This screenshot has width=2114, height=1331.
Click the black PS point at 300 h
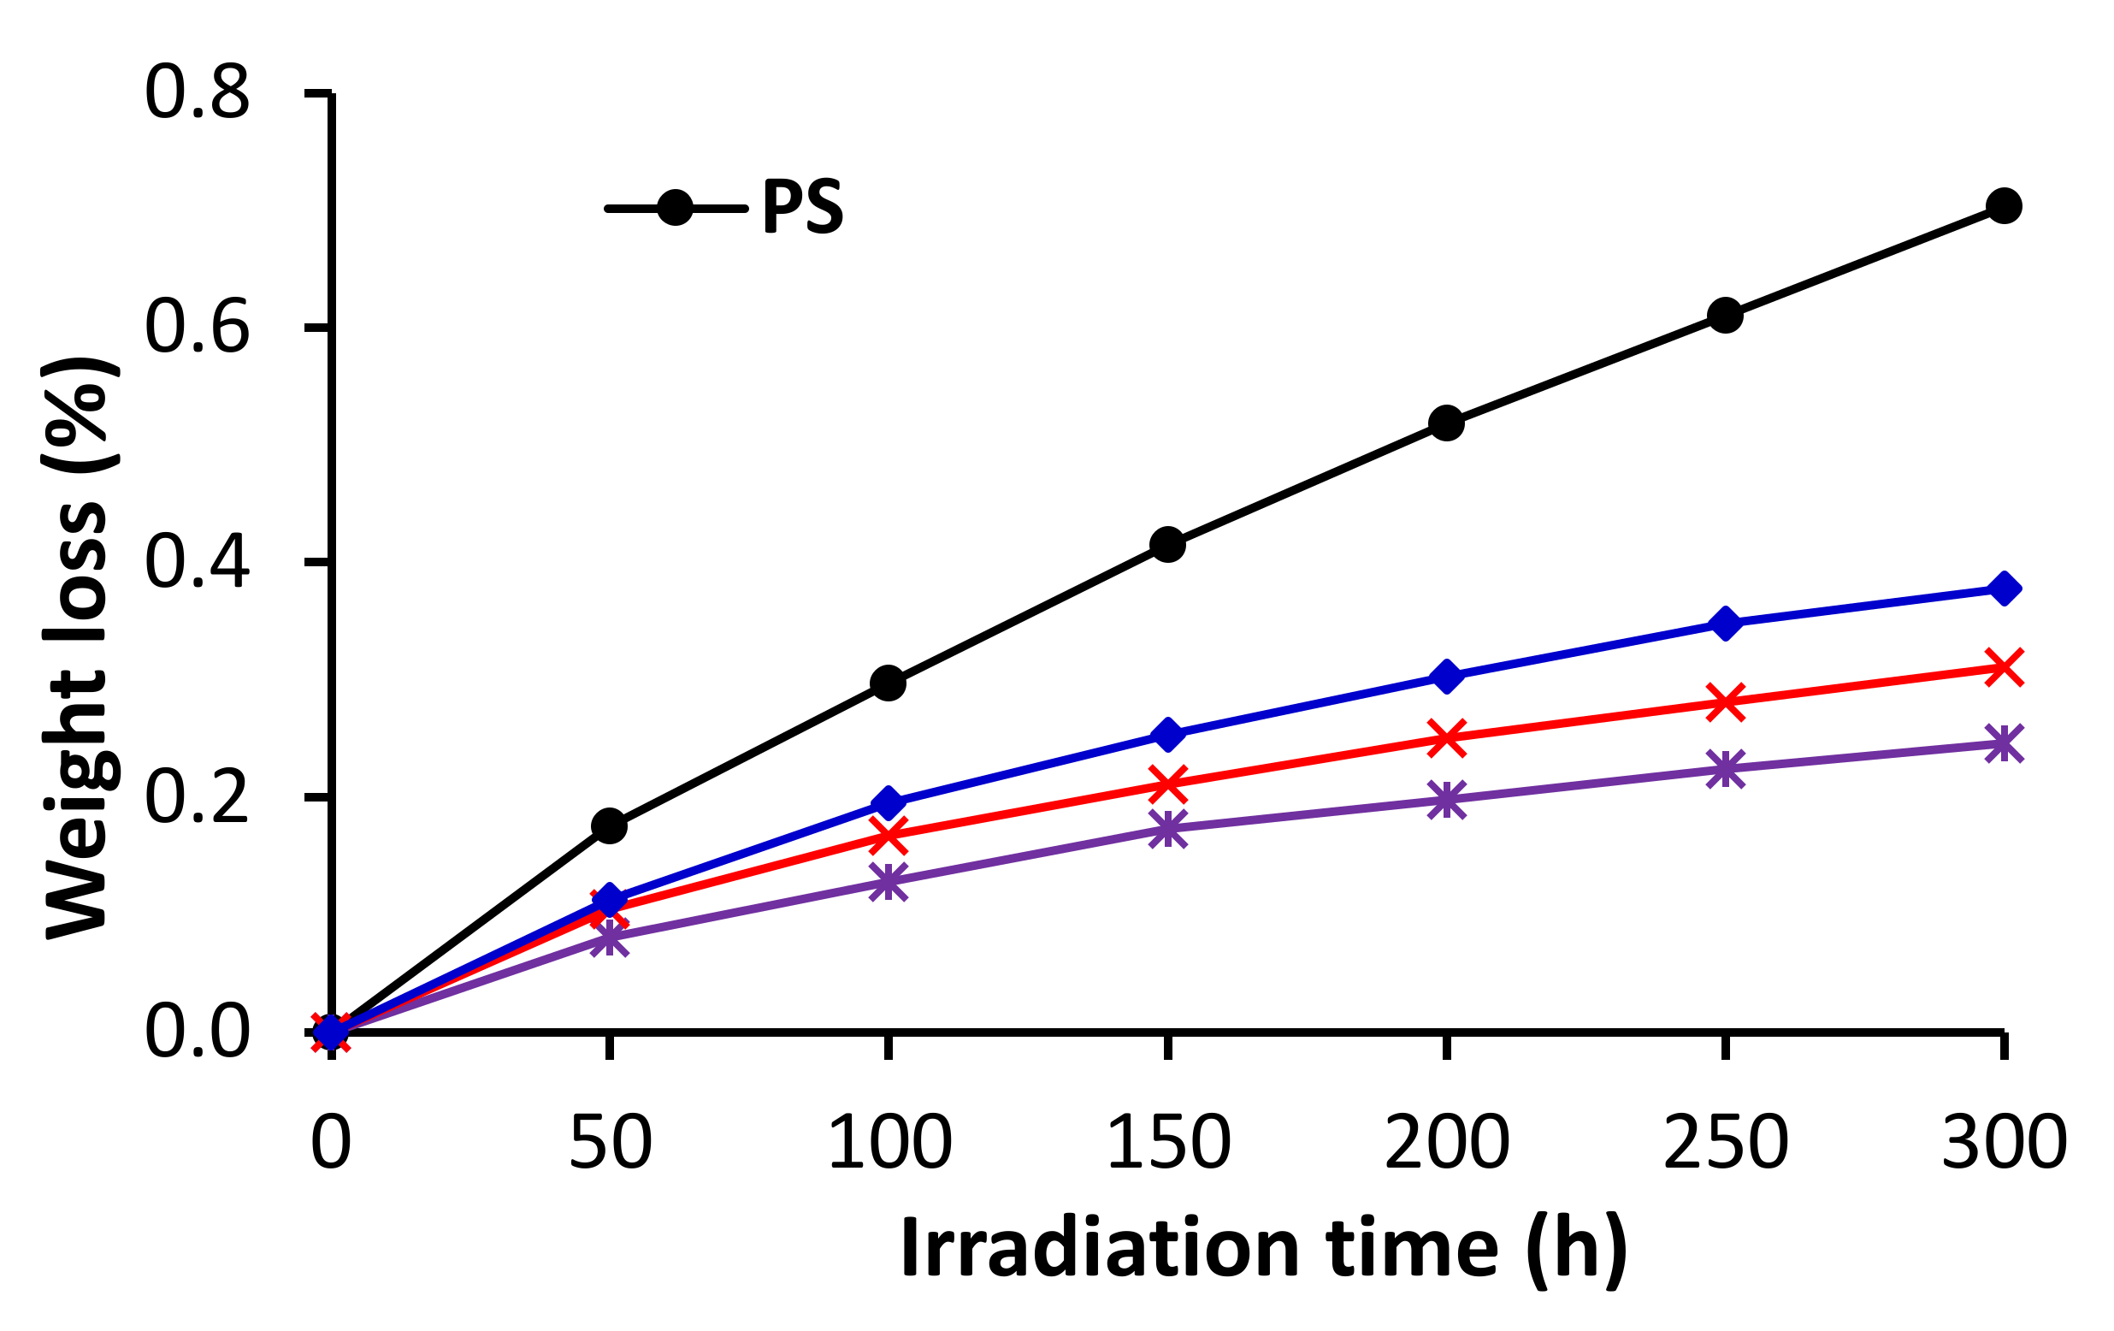point(2003,206)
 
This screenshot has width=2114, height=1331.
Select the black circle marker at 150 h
point(1166,545)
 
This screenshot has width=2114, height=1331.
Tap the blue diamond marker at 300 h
point(2003,589)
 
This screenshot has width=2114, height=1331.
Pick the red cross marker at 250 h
point(1724,702)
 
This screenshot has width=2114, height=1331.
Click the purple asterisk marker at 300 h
point(2003,743)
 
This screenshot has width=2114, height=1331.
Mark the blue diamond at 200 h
point(1446,677)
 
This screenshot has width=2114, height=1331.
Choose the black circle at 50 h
point(609,826)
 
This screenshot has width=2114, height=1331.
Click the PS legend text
point(801,208)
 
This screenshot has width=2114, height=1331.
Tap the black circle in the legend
point(674,208)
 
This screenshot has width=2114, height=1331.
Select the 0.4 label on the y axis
point(197,563)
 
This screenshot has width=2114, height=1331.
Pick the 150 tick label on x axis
point(1167,1142)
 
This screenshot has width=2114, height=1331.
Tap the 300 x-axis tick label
point(2004,1142)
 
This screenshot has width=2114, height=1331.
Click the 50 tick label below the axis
point(610,1142)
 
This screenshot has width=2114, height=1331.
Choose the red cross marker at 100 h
point(889,835)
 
